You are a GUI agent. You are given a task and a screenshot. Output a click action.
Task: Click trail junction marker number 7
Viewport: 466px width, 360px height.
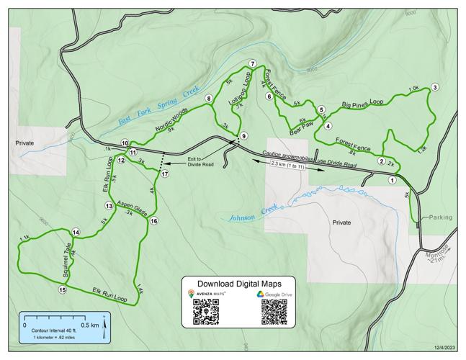(253, 63)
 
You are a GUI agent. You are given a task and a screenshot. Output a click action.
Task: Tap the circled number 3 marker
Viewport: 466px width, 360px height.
(435, 88)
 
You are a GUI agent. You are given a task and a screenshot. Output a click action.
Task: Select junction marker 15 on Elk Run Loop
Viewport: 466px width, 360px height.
(63, 289)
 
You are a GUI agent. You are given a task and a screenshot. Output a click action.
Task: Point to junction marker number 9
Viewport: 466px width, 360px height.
(244, 136)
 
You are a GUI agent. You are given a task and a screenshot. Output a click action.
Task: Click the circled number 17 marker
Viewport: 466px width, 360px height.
(165, 174)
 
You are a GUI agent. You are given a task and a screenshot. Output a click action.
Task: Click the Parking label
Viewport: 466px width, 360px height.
(439, 217)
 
